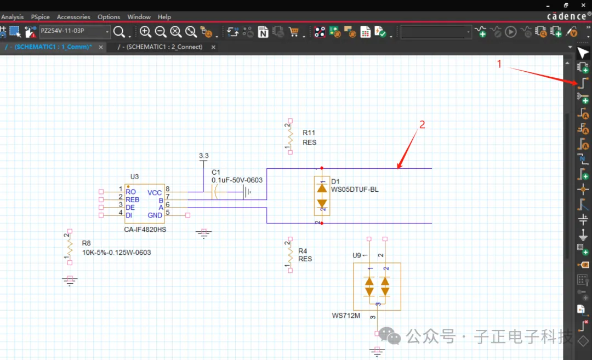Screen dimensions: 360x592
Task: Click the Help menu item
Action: [x=164, y=17]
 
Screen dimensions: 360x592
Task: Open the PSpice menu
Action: [x=40, y=17]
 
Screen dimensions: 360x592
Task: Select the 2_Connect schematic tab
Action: [x=164, y=47]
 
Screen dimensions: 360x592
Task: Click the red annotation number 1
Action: [x=499, y=64]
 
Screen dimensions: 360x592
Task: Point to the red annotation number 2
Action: [x=422, y=125]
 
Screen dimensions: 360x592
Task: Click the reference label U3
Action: [x=134, y=176]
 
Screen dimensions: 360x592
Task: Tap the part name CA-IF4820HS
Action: [x=145, y=230]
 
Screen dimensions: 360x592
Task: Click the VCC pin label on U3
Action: [x=155, y=192]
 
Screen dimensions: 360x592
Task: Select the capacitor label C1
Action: [x=216, y=172]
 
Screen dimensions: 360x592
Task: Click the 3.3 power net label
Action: [x=203, y=156]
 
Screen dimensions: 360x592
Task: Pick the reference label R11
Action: [x=309, y=133]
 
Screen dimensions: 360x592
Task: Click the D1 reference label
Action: [x=335, y=181]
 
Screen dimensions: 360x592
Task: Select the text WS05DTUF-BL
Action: [x=355, y=190]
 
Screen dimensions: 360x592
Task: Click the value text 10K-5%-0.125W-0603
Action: [x=116, y=253]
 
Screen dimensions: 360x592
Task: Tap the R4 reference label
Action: [x=303, y=251]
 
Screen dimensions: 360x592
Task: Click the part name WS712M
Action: [x=346, y=316]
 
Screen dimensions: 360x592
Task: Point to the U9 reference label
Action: [x=357, y=255]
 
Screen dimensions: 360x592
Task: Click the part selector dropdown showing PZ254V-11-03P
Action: [x=74, y=31]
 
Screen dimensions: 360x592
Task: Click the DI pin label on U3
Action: [x=129, y=215]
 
